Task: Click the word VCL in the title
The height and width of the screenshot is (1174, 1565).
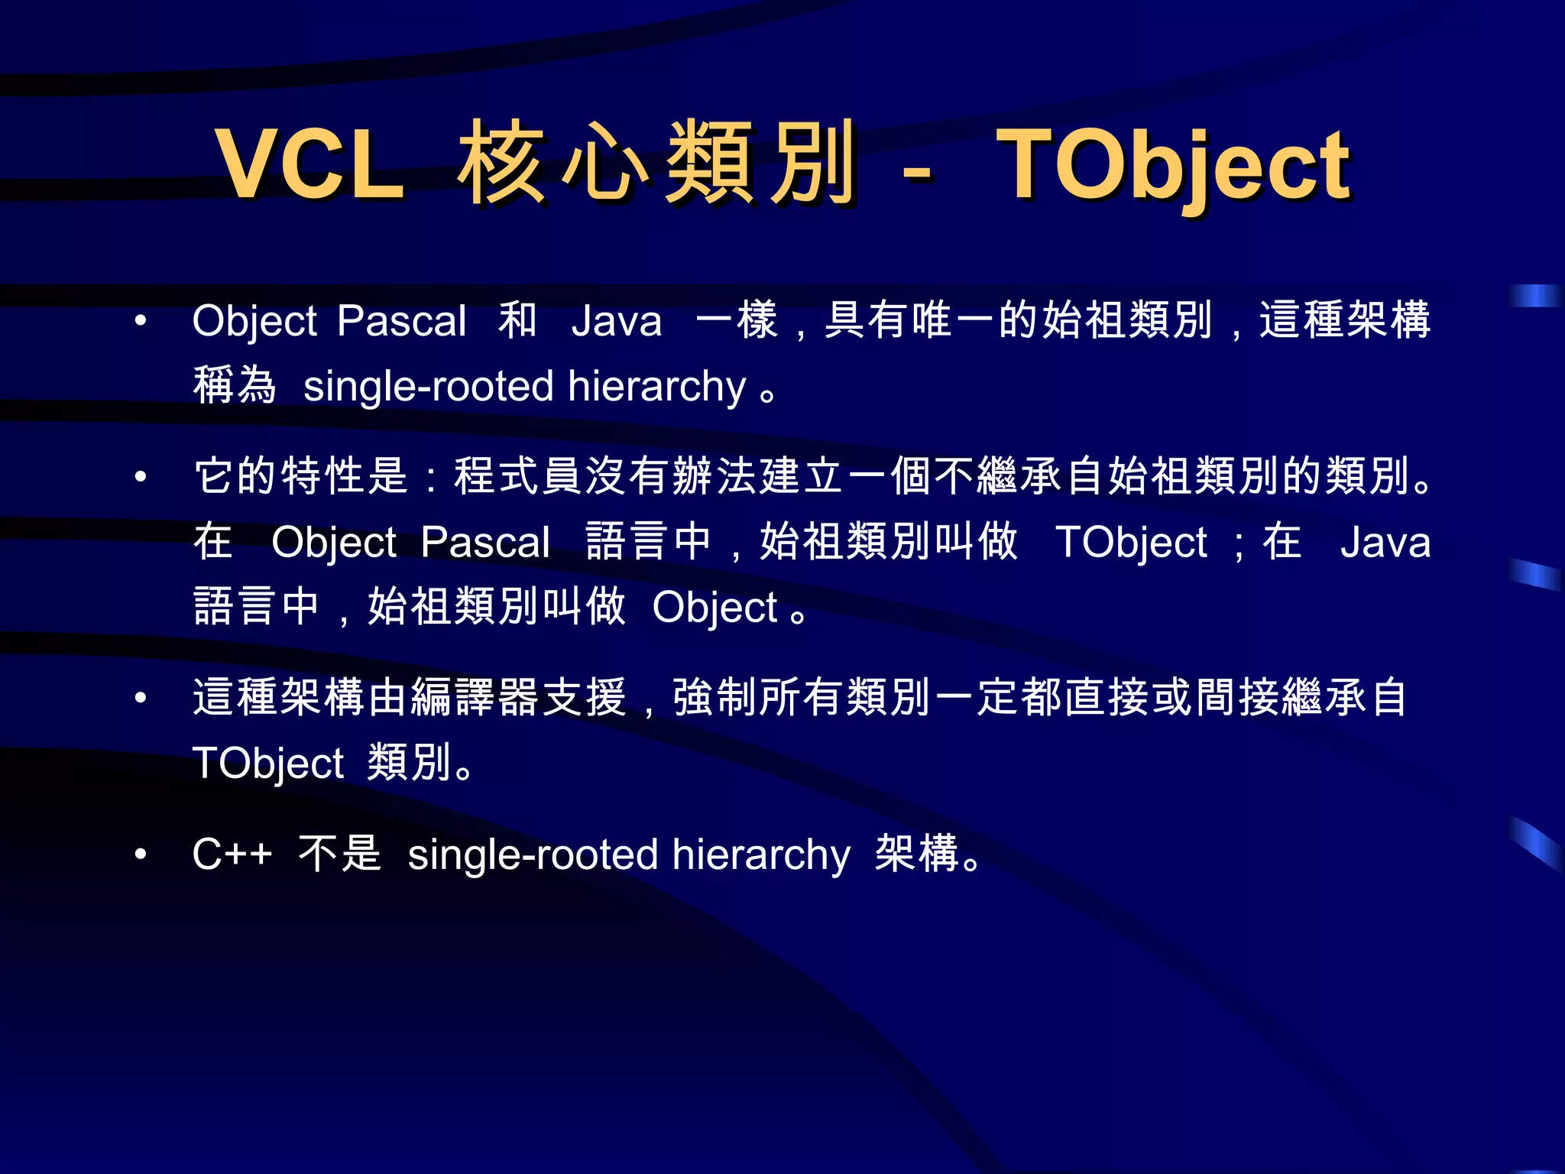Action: (309, 164)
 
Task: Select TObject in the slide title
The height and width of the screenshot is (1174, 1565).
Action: (1173, 167)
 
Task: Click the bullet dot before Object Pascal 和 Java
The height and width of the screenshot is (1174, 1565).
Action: (141, 321)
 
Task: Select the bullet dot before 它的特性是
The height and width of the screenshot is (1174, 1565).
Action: (141, 477)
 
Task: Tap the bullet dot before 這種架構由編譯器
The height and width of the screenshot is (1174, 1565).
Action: (141, 698)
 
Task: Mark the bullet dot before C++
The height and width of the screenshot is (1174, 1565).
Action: (141, 854)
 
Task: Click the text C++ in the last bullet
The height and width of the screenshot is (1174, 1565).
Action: (232, 854)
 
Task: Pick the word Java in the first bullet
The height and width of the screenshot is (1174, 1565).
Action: (616, 321)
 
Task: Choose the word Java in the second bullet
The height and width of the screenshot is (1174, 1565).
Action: (1385, 543)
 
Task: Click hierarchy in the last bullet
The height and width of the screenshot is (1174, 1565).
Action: (760, 855)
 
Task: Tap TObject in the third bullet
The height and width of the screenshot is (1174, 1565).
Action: (268, 764)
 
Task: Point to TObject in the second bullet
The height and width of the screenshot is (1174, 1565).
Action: (1131, 543)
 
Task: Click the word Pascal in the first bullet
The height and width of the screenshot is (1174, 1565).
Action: (401, 321)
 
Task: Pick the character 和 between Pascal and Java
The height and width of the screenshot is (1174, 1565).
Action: (518, 320)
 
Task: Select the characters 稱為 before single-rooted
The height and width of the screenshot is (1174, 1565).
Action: (235, 385)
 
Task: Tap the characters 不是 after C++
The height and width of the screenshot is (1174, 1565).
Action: (339, 853)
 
